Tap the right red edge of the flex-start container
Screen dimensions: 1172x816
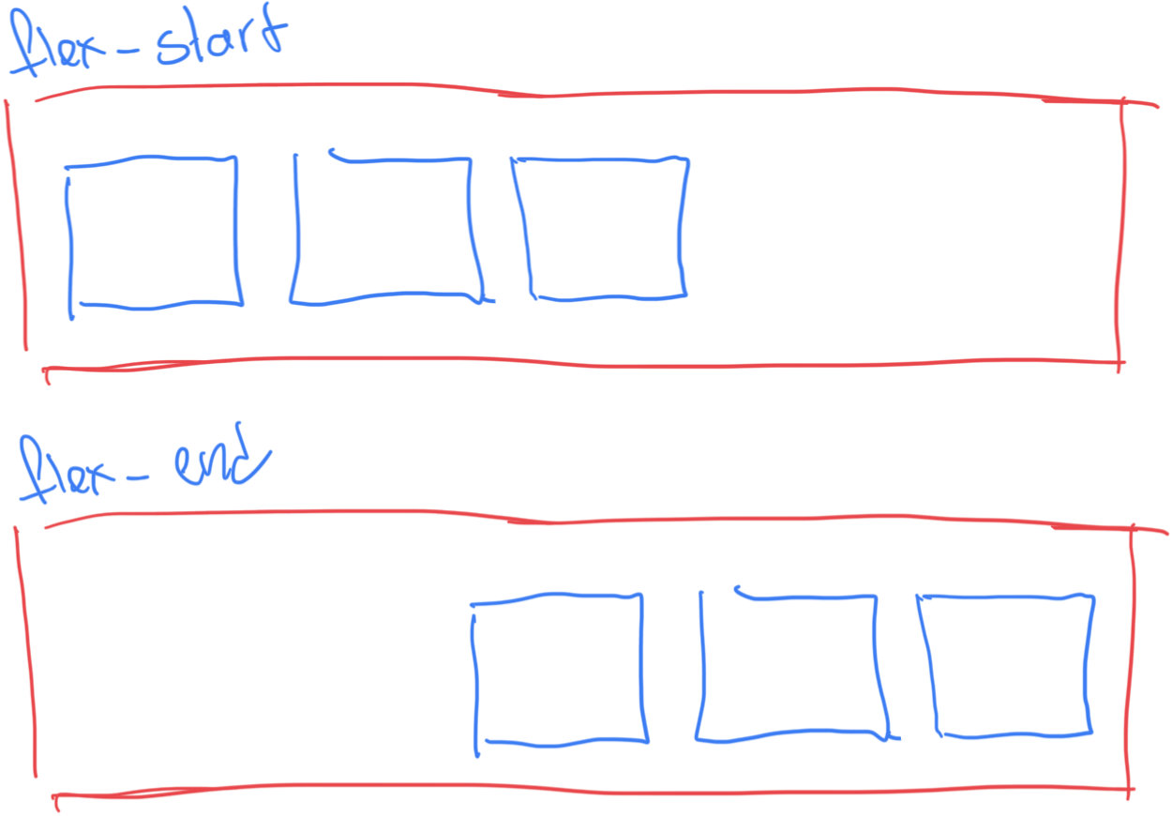(1120, 234)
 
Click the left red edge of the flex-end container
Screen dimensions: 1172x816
(25, 657)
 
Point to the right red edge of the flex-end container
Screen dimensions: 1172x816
(1132, 657)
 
